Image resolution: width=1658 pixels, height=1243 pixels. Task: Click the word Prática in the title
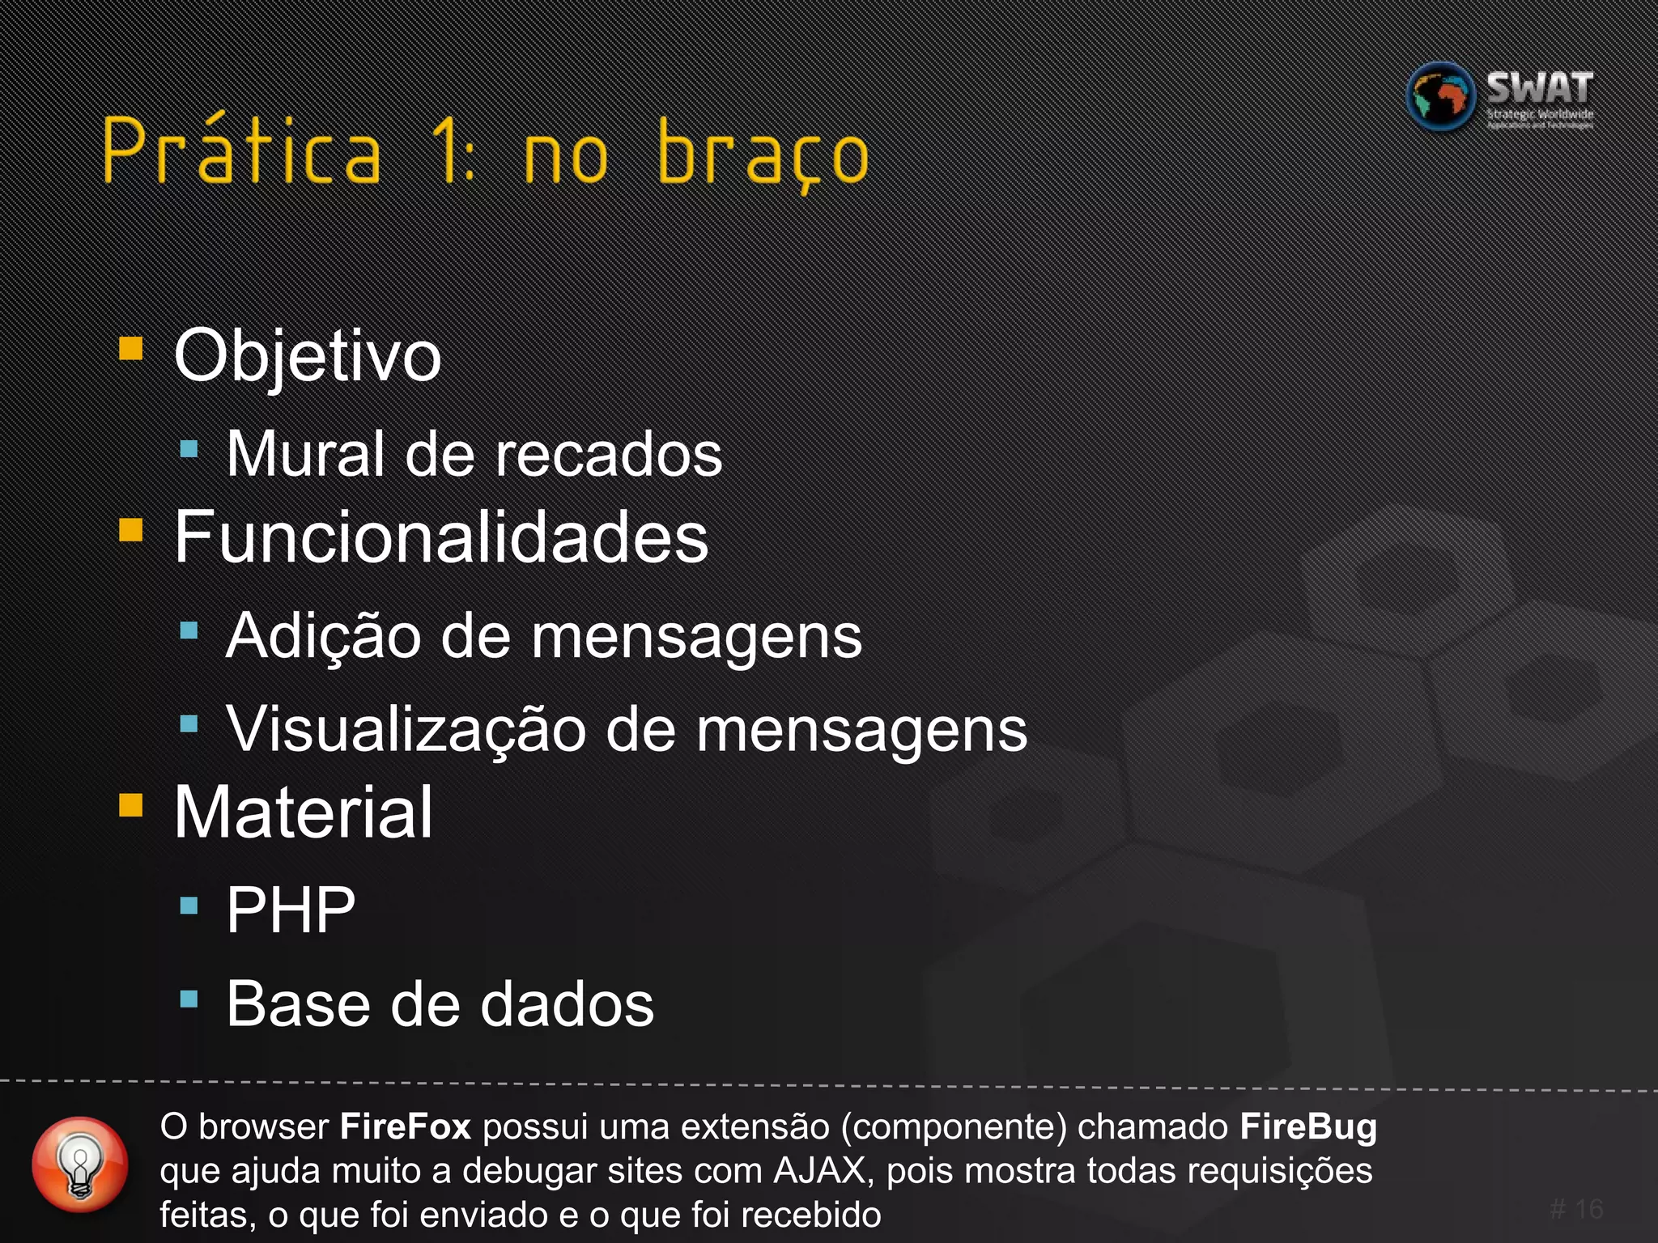pos(241,152)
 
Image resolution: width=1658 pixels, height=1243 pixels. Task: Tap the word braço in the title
pos(763,154)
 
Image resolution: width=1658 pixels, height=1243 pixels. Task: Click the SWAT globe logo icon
pos(1441,97)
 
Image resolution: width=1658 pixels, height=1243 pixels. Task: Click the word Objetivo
pos(308,356)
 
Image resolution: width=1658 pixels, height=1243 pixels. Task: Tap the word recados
pos(608,454)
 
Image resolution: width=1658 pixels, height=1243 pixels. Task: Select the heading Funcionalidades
pos(441,537)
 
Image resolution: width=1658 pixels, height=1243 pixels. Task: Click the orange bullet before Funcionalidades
pos(131,530)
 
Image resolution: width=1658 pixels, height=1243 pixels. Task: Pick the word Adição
pos(324,636)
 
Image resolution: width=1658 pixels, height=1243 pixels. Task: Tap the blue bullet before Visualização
pos(189,723)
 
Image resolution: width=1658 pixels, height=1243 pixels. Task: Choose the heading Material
pos(304,812)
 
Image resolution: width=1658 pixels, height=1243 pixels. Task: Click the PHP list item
pos(291,910)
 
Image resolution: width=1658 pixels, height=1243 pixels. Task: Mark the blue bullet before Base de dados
pos(189,999)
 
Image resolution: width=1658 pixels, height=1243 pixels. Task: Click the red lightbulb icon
pos(80,1165)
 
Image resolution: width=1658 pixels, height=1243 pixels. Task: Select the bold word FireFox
pos(405,1127)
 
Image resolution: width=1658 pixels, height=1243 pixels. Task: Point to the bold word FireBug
pos(1308,1127)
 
